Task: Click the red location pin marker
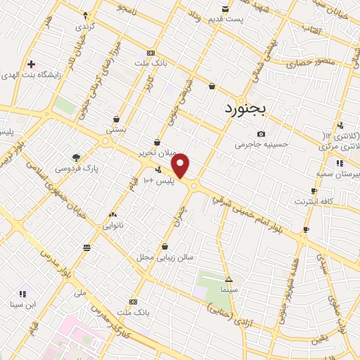(181, 165)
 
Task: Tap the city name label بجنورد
(245, 109)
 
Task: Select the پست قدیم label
(225, 18)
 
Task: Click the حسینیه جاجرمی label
(262, 144)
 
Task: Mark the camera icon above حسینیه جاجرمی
(261, 134)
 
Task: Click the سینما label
(229, 289)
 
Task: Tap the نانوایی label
(112, 226)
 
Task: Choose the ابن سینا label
(22, 304)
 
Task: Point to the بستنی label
(116, 130)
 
